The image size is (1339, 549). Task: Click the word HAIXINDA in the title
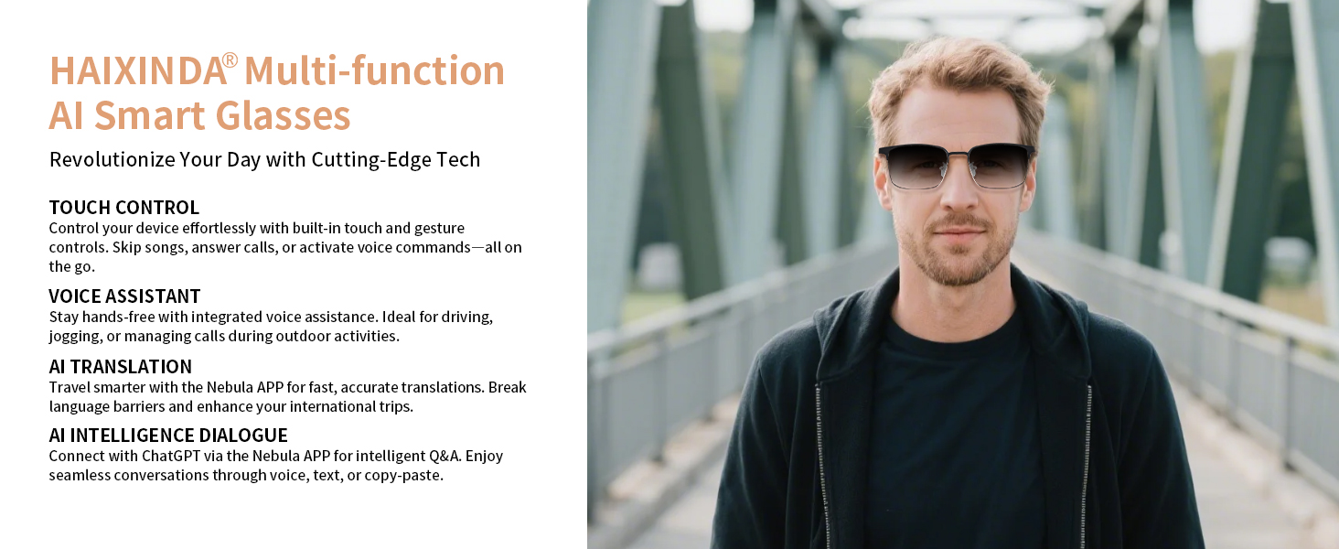138,70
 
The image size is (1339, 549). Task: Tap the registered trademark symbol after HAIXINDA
230,59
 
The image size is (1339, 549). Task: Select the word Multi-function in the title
374,70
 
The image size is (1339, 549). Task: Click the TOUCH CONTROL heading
123,207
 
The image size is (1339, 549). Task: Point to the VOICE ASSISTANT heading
124,296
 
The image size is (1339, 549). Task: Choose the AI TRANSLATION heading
120,366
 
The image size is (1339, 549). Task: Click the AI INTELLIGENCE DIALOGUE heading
168,435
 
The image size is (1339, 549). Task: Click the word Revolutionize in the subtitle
112,160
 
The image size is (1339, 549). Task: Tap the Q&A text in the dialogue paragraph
445,456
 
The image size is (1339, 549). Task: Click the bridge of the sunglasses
957,156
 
